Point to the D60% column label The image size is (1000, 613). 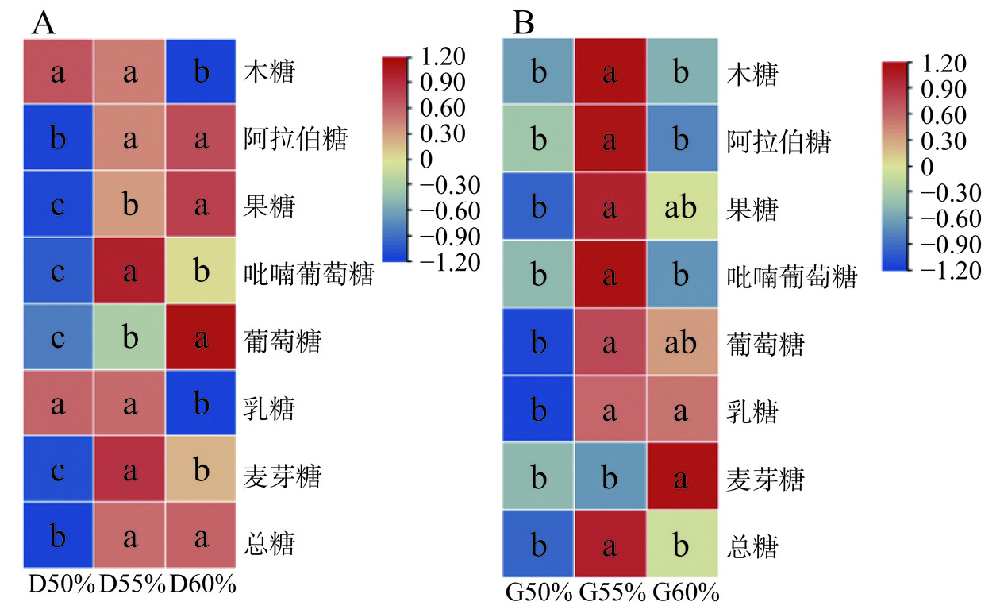[203, 586]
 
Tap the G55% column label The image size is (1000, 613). [610, 592]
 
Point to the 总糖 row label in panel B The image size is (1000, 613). [753, 548]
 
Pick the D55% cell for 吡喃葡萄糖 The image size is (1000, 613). [129, 272]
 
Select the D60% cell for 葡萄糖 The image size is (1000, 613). [202, 339]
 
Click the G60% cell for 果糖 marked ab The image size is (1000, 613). [682, 209]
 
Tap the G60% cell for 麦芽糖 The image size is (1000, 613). [682, 478]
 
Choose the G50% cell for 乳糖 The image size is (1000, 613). [539, 411]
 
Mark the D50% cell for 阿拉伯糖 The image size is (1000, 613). [58, 139]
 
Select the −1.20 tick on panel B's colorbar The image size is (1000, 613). [948, 271]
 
